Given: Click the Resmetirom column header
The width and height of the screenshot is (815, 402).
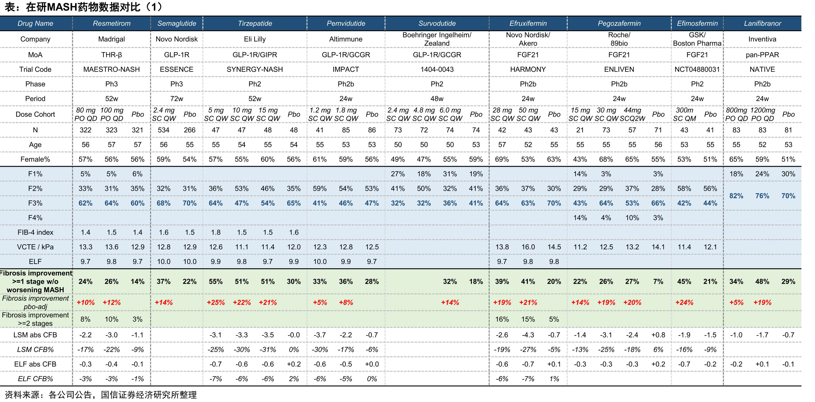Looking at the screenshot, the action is click(112, 23).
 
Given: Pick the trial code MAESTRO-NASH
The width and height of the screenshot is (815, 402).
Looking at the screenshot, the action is click(112, 69).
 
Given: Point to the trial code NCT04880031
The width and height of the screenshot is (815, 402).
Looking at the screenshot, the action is click(697, 69).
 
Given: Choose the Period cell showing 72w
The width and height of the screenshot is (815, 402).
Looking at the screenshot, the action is click(177, 99).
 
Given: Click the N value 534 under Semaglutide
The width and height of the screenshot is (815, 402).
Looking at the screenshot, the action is click(164, 130).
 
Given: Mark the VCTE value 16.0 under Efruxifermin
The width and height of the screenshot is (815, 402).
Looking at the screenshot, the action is click(528, 247).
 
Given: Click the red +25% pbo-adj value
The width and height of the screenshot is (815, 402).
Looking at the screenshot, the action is click(216, 302).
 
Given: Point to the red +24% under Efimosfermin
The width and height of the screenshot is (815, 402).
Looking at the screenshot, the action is click(684, 302).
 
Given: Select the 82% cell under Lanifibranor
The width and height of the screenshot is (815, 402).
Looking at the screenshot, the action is click(736, 196).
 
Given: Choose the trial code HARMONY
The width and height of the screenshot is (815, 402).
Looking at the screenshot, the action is click(528, 69).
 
